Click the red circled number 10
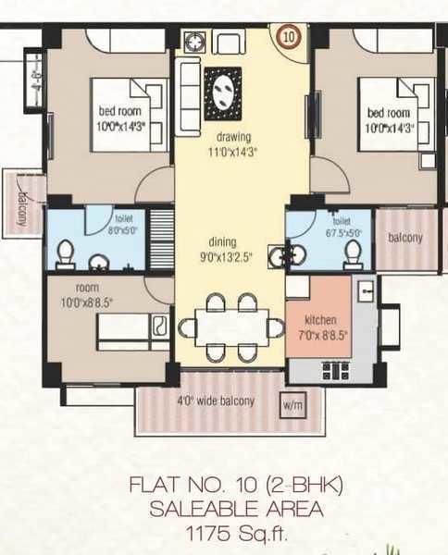(289, 37)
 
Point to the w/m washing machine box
(292, 404)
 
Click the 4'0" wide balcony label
(216, 401)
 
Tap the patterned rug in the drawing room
(222, 92)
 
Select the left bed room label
(118, 113)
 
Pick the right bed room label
(388, 114)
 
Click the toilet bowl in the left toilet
(65, 252)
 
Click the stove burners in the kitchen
(332, 371)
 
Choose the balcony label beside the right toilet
(404, 237)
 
